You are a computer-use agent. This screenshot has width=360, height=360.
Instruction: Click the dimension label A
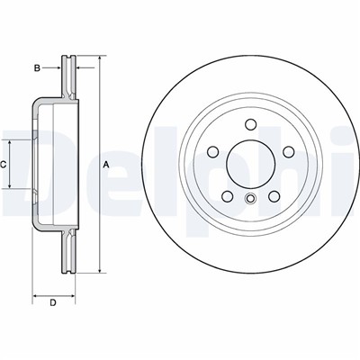click(105, 164)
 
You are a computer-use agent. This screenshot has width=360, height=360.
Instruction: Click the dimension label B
click(37, 68)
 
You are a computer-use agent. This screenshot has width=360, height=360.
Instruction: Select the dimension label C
click(3, 165)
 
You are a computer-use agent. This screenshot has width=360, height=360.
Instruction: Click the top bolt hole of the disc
click(250, 124)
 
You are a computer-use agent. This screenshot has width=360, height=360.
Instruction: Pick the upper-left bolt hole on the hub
click(213, 152)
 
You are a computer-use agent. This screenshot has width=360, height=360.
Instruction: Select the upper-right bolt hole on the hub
click(289, 152)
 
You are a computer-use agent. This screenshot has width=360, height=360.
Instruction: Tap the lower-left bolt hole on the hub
click(228, 196)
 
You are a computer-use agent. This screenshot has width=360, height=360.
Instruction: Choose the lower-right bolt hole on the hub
click(274, 196)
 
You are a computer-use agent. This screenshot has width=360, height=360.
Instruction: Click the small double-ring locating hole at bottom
click(250, 198)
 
